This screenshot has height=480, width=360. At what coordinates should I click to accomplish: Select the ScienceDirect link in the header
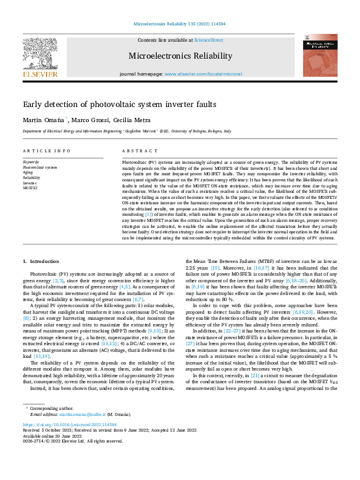coord(208,40)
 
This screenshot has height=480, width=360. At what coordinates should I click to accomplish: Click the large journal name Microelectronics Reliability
coord(180,56)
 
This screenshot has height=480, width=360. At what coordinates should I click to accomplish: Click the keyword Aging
coord(28,173)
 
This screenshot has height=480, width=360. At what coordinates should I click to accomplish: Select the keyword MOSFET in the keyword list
coord(30,188)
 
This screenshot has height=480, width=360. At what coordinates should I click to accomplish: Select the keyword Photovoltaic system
coord(39,167)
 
